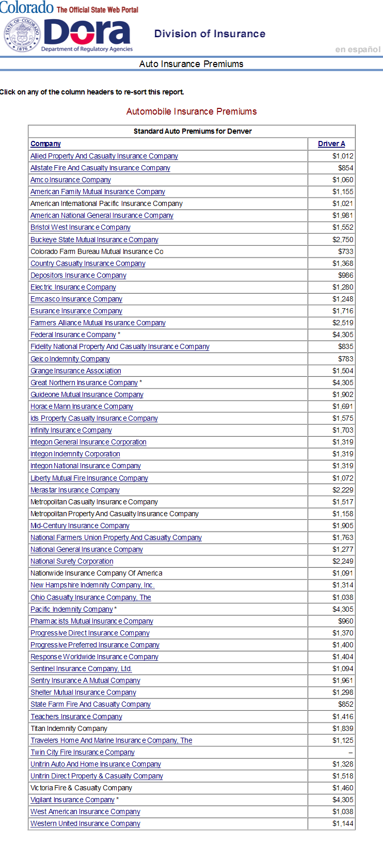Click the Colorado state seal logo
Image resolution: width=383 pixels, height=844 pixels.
[22, 35]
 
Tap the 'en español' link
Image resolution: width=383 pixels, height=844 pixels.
[358, 50]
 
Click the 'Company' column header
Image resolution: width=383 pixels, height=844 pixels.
[45, 144]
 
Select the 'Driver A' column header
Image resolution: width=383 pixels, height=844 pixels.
[331, 144]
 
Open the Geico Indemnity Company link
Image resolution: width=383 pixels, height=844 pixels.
[70, 359]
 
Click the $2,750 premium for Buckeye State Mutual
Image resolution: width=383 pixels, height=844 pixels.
[343, 240]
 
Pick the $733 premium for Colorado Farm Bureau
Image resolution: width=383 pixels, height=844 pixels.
[346, 251]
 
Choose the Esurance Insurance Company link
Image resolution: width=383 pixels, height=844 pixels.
[76, 311]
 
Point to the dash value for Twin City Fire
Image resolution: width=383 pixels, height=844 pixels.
[350, 753]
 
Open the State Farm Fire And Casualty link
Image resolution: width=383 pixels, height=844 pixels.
[90, 704]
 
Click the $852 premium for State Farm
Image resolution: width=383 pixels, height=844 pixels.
[346, 704]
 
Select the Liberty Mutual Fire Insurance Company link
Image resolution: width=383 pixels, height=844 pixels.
[89, 478]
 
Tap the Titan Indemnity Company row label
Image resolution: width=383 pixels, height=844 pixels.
[69, 728]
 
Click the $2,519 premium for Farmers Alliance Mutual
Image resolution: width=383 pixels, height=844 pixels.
[343, 323]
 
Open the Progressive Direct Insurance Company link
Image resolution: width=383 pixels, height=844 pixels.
[90, 633]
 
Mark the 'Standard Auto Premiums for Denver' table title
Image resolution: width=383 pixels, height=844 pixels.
[193, 131]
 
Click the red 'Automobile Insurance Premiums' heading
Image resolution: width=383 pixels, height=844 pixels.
[191, 112]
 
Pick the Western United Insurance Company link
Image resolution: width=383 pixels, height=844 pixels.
[85, 823]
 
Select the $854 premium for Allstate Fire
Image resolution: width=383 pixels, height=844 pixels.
[346, 168]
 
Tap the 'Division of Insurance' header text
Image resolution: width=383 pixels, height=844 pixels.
[210, 34]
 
